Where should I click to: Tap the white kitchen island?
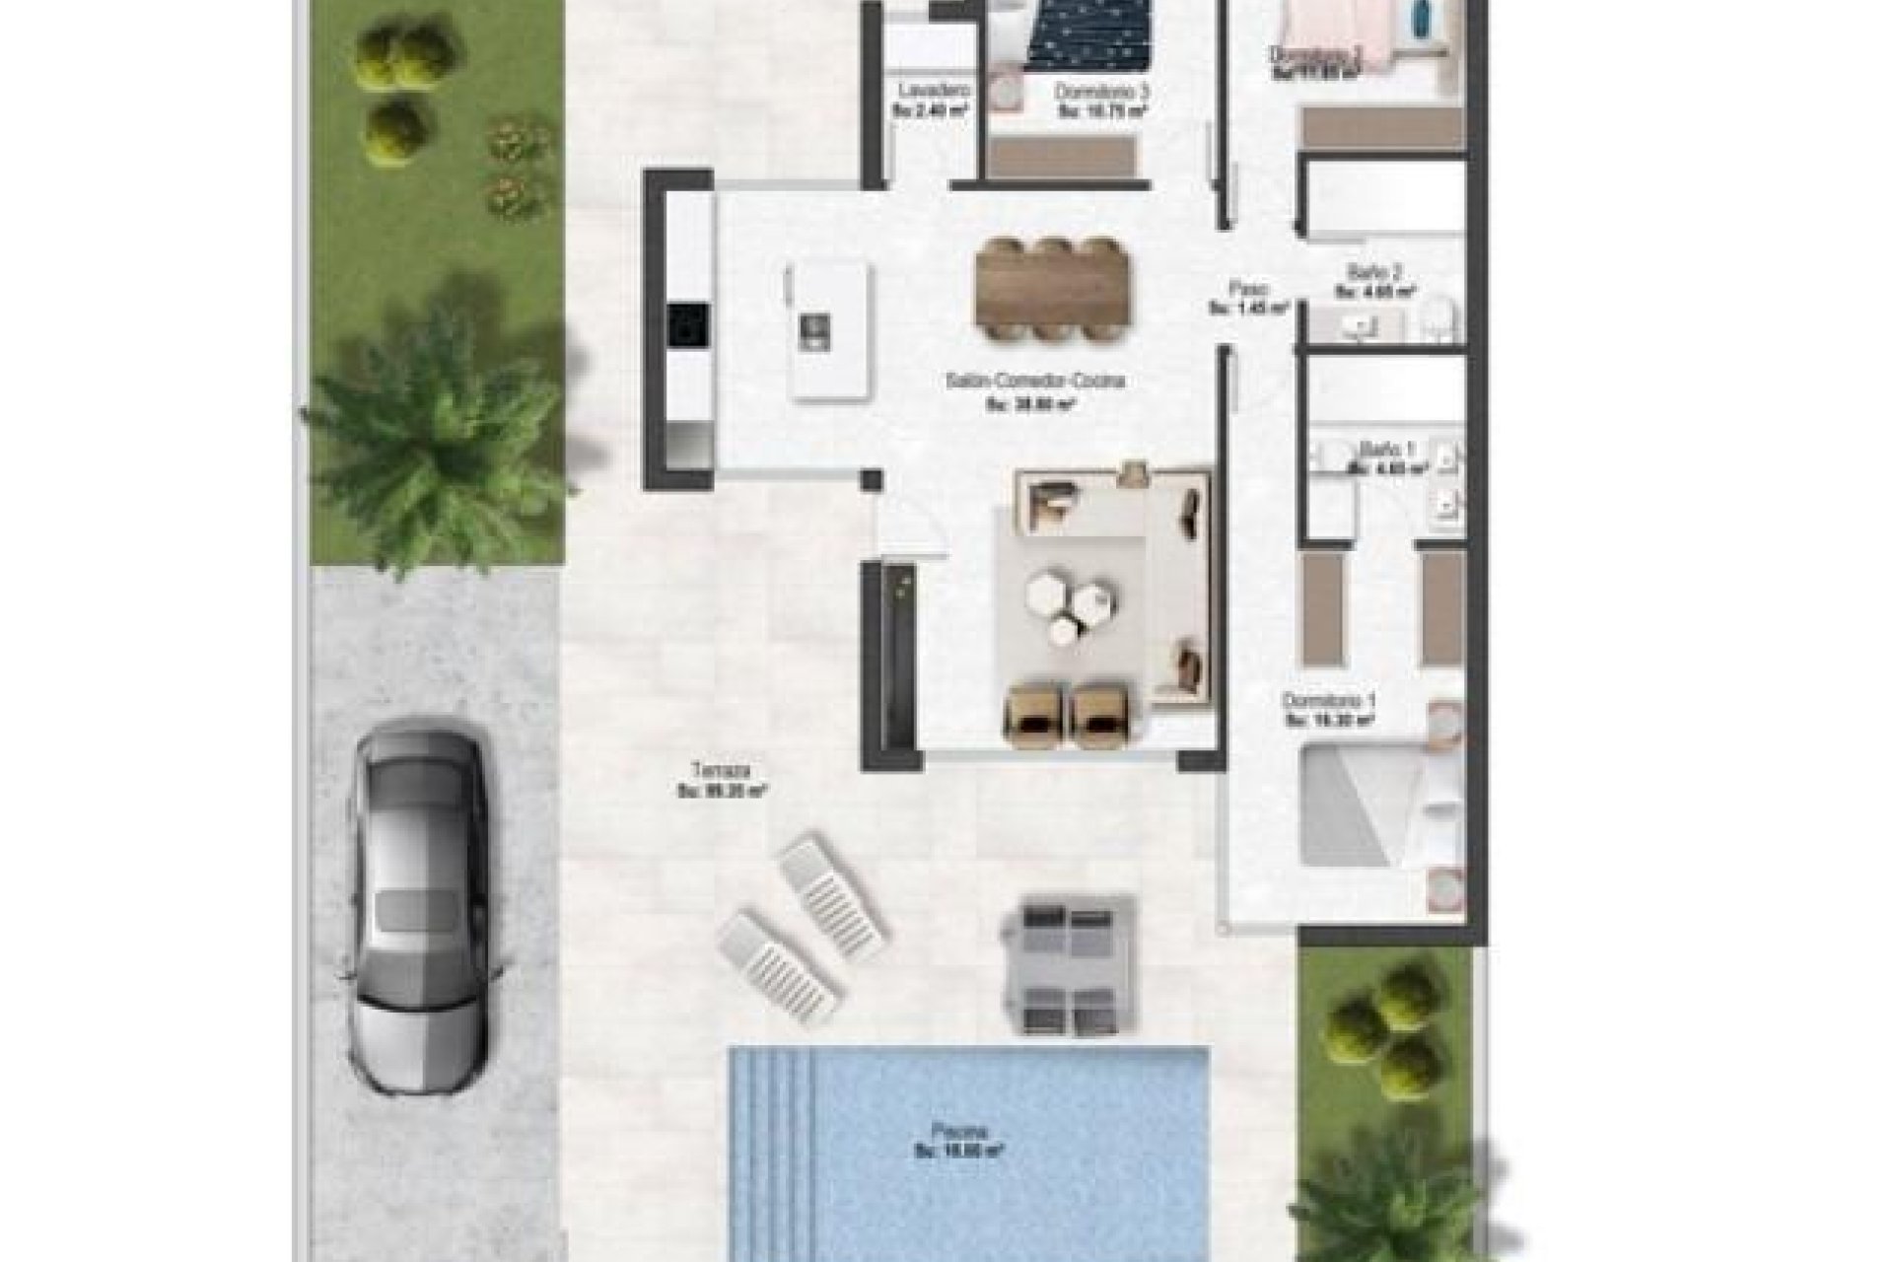[831, 330]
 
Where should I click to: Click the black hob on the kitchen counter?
[687, 325]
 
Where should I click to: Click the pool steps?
[779, 1075]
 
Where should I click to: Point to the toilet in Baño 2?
[1438, 317]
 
